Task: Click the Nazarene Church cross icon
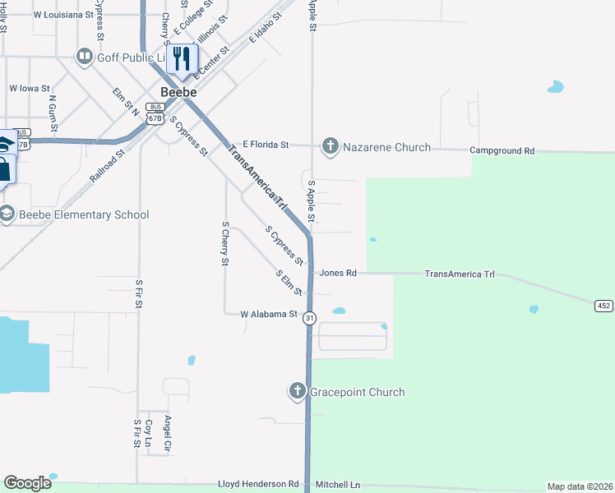(x=330, y=147)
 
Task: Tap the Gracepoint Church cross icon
(x=298, y=392)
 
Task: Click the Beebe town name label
(x=178, y=92)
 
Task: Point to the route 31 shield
(x=309, y=318)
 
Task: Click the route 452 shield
(x=604, y=306)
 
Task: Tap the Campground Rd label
(x=502, y=151)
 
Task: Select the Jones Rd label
(x=338, y=273)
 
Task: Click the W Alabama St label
(x=268, y=314)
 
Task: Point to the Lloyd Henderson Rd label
(x=258, y=485)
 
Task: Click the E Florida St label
(x=260, y=145)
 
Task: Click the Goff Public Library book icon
(x=84, y=56)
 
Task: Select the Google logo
(x=27, y=483)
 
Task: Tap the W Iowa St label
(x=30, y=88)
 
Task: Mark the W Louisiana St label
(x=63, y=15)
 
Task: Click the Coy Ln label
(x=149, y=431)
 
